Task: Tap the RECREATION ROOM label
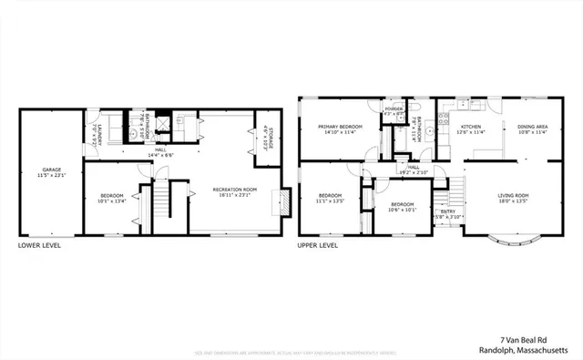(235, 189)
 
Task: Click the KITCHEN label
(470, 126)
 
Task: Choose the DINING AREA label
(533, 126)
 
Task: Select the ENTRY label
(448, 211)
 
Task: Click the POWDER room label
(394, 108)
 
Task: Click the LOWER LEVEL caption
(40, 245)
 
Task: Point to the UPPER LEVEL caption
(318, 245)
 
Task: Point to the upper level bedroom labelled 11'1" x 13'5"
(330, 198)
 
